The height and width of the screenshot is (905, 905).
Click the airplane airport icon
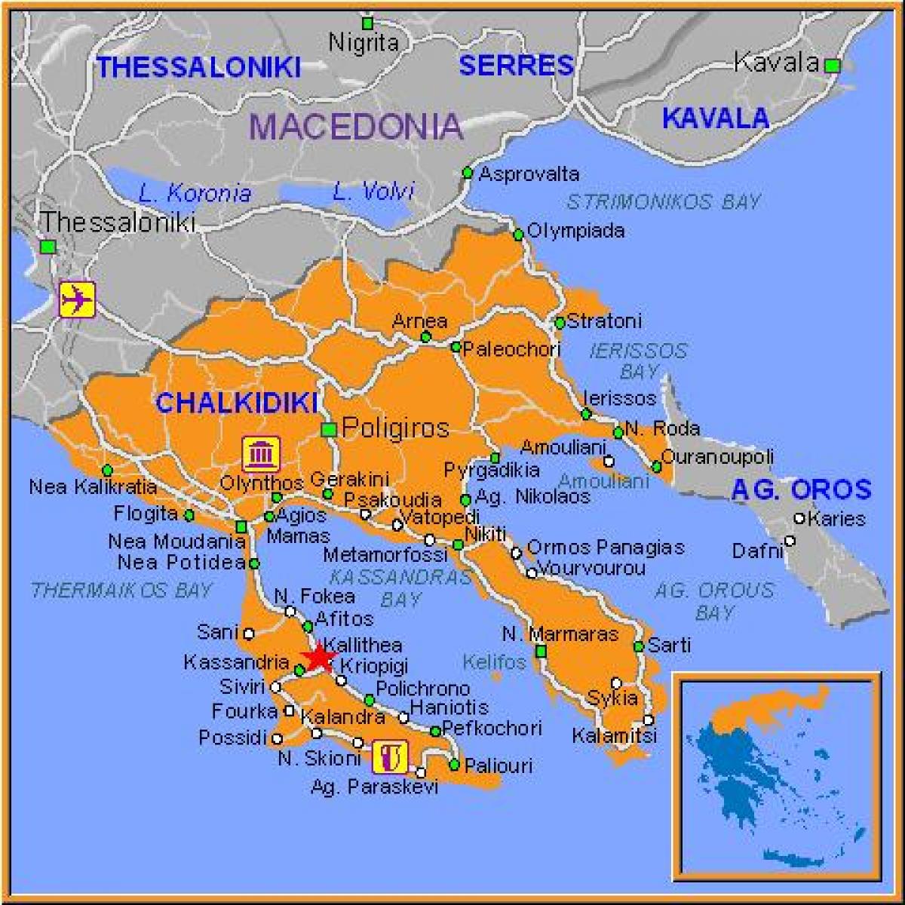point(77,299)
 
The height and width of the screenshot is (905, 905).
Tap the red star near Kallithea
point(318,657)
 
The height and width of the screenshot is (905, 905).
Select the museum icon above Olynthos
point(261,453)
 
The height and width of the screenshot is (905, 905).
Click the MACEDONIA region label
point(355,126)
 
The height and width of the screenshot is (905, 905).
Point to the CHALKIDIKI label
point(236,403)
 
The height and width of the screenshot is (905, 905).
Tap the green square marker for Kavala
point(832,66)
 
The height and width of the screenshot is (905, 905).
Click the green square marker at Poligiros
point(329,430)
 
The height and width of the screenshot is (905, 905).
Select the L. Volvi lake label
point(373,192)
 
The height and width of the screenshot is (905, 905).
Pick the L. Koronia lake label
point(195,193)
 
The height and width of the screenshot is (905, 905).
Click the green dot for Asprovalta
point(467,173)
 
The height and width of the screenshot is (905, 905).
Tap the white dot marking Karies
point(799,518)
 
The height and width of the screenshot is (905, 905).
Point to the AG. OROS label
point(801,490)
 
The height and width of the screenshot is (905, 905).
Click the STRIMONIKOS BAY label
point(663,201)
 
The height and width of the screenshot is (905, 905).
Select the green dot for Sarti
point(638,646)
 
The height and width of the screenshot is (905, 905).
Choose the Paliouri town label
point(499,765)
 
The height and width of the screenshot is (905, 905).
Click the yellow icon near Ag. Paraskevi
point(390,756)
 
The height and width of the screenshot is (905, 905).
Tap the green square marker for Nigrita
point(367,23)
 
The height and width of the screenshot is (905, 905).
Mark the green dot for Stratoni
point(560,323)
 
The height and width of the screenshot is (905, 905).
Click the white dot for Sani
point(249,633)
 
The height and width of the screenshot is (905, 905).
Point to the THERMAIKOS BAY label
point(121,590)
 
